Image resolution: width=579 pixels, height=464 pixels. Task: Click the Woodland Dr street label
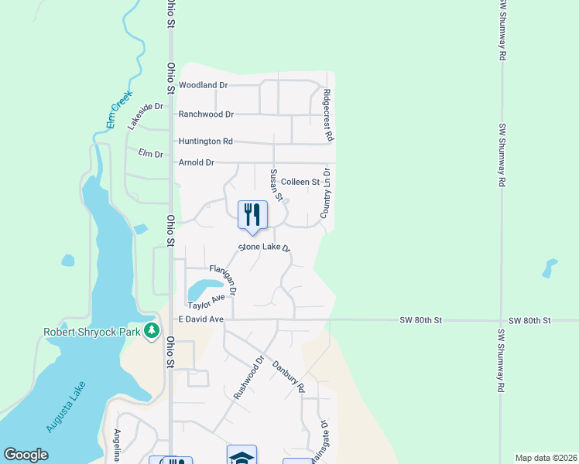click(x=203, y=85)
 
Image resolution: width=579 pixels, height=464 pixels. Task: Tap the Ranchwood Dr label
click(x=206, y=114)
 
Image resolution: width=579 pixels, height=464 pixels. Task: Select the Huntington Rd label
click(x=206, y=142)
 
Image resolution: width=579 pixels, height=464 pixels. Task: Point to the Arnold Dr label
click(x=196, y=162)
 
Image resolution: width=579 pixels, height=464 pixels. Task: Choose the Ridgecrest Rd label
click(x=327, y=114)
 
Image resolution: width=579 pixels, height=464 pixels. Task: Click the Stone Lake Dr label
click(x=264, y=247)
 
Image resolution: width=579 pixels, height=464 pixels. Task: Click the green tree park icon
click(x=152, y=332)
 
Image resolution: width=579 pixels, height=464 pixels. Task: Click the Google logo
click(x=26, y=455)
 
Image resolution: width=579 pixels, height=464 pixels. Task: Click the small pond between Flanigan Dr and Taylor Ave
click(x=203, y=290)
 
